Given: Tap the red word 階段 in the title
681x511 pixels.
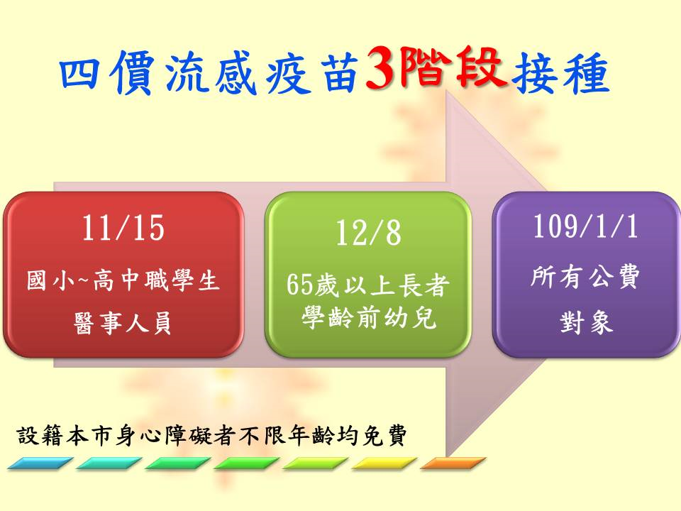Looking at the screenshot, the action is [x=453, y=68].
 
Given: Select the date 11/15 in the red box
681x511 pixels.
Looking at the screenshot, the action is [x=123, y=228].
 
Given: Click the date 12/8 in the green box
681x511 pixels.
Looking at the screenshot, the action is [x=368, y=233].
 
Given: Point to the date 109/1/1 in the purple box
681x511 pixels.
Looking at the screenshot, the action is [x=585, y=226].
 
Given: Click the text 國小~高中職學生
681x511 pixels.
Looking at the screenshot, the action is [x=123, y=280].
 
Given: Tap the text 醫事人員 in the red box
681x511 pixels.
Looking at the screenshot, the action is [x=123, y=322].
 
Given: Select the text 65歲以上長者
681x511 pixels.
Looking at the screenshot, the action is [x=367, y=285].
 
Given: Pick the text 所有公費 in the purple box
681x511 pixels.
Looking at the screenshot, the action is [x=585, y=276].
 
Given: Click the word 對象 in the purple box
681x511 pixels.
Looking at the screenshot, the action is [x=586, y=322].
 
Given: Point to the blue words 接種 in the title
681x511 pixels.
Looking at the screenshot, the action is [x=560, y=73].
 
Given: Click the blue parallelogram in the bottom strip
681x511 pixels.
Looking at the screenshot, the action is [x=40, y=463].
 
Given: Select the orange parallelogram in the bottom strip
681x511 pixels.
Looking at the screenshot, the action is [x=453, y=463].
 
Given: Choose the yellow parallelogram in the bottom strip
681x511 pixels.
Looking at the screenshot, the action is [x=384, y=463].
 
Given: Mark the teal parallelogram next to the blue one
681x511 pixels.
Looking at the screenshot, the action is [x=109, y=463].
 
